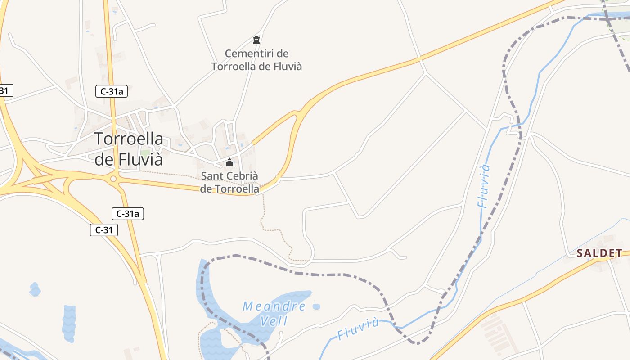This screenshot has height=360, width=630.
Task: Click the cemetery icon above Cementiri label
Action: (x=256, y=40)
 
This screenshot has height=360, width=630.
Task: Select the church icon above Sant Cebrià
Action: (x=229, y=162)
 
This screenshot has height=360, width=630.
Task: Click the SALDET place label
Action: (x=599, y=253)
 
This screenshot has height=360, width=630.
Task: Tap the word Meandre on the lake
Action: (x=274, y=307)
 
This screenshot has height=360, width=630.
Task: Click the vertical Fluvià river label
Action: (x=484, y=186)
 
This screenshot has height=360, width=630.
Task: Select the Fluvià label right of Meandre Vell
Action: (x=359, y=329)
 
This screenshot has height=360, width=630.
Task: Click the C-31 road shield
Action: (x=104, y=230)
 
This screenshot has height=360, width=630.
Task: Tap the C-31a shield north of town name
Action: (x=112, y=91)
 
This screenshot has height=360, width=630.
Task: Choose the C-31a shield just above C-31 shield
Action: (x=128, y=214)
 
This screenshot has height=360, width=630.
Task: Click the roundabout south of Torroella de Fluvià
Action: (x=113, y=179)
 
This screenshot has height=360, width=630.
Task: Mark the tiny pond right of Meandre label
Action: (x=316, y=307)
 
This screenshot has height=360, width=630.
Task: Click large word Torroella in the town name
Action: (x=129, y=139)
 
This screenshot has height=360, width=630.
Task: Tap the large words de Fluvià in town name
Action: (x=129, y=159)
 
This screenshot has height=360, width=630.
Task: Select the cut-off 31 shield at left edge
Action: (x=5, y=90)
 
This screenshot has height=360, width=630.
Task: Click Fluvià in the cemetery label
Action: (x=284, y=67)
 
